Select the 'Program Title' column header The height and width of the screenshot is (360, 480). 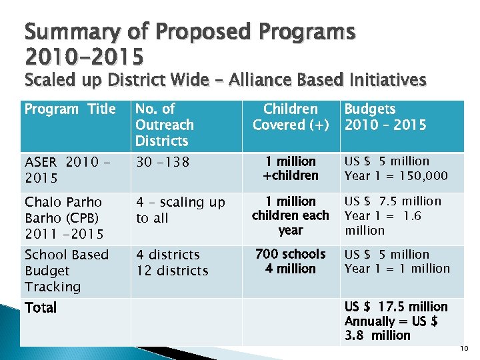pyautogui.click(x=70, y=109)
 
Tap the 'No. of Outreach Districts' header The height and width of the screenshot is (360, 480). pyautogui.click(x=165, y=125)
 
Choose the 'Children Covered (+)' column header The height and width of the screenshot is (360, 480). pyautogui.click(x=291, y=117)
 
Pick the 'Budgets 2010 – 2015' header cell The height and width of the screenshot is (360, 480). pyautogui.click(x=385, y=117)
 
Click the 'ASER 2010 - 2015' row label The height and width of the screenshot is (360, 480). pyautogui.click(x=67, y=170)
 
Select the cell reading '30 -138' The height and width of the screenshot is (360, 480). pyautogui.click(x=163, y=162)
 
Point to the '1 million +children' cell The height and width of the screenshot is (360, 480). pyautogui.click(x=291, y=169)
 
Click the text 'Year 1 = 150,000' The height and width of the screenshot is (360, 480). pyautogui.click(x=397, y=176)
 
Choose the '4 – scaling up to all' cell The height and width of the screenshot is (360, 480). pyautogui.click(x=181, y=210)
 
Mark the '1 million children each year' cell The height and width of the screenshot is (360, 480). pyautogui.click(x=291, y=215)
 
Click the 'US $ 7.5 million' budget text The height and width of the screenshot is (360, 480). pyautogui.click(x=393, y=201)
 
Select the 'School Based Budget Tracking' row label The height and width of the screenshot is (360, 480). pyautogui.click(x=66, y=271)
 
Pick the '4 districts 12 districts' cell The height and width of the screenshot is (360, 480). pyautogui.click(x=172, y=263)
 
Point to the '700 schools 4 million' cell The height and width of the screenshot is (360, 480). pyautogui.click(x=291, y=261)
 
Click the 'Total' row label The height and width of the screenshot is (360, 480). pyautogui.click(x=41, y=308)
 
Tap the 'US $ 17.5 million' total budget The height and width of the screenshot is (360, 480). pyautogui.click(x=396, y=307)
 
